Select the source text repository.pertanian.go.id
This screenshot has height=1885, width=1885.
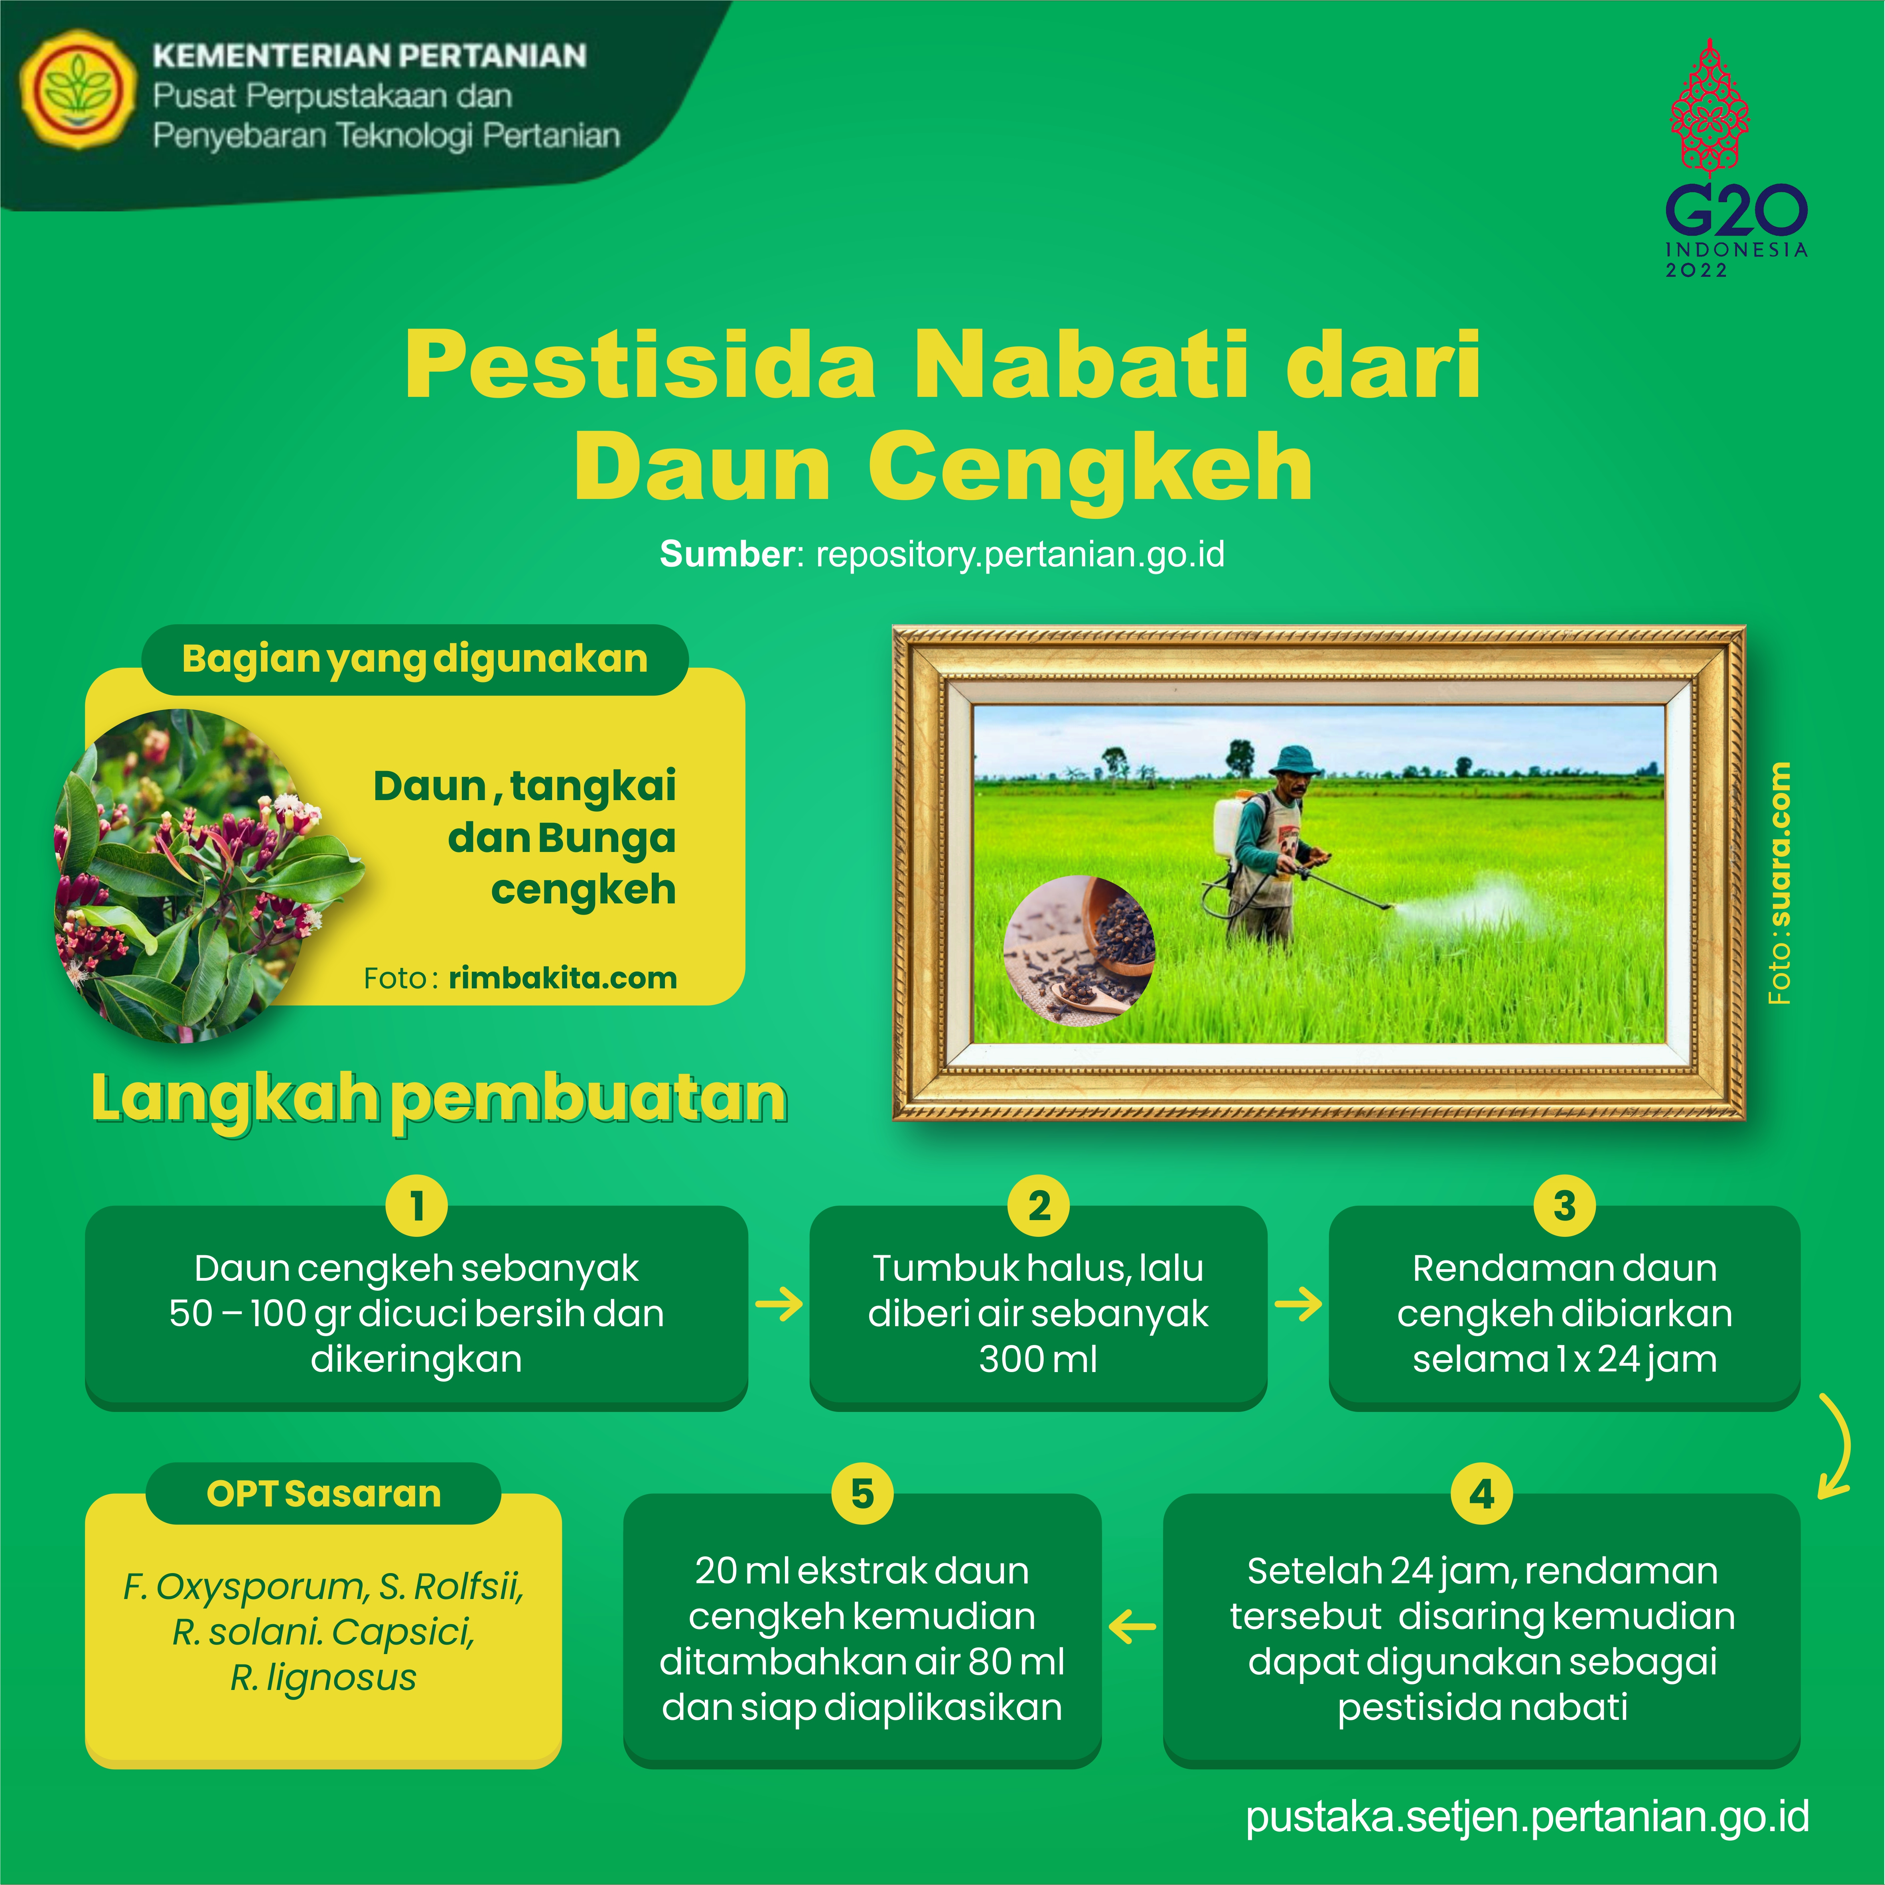[x=1019, y=554]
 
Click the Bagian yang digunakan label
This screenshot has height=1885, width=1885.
[x=415, y=660]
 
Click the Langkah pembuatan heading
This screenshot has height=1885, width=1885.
[x=439, y=1100]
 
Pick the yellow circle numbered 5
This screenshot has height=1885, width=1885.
[x=862, y=1494]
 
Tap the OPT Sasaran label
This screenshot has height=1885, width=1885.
[x=324, y=1494]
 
